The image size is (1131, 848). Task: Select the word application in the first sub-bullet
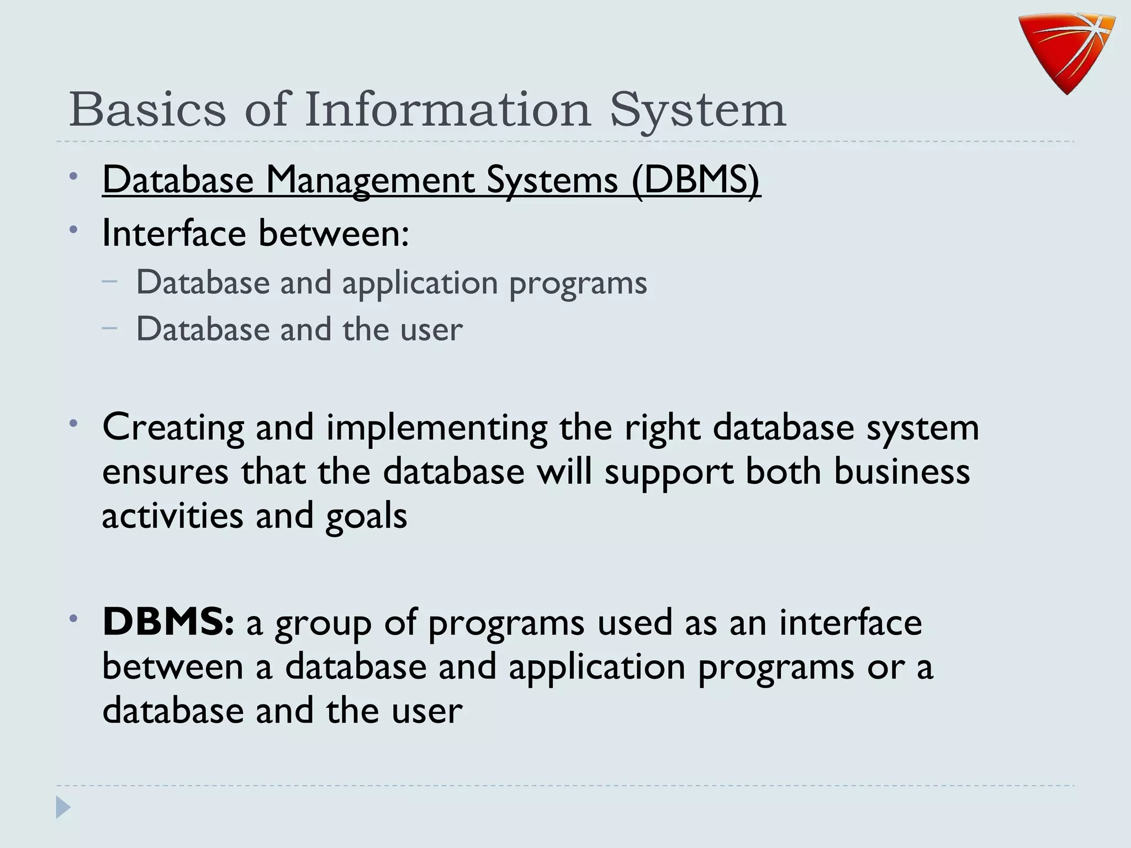click(420, 284)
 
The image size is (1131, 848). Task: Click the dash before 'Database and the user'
click(110, 328)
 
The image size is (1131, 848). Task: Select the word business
click(901, 472)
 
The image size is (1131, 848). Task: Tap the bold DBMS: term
click(168, 622)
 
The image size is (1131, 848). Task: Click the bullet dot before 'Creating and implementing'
click(73, 424)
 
